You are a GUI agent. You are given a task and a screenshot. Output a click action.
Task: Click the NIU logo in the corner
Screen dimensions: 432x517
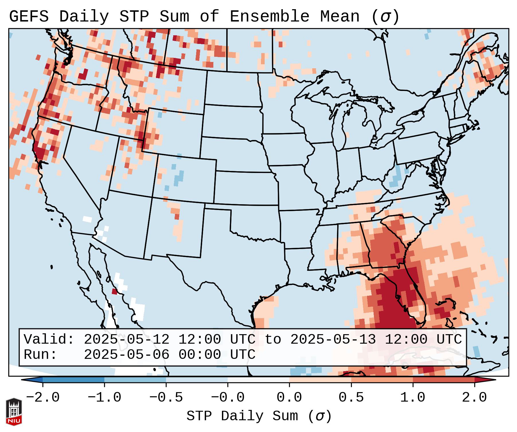click(x=14, y=411)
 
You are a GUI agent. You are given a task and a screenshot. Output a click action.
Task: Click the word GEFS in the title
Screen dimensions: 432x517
click(x=29, y=17)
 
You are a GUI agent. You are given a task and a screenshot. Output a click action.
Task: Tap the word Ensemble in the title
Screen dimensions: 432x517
click(x=269, y=17)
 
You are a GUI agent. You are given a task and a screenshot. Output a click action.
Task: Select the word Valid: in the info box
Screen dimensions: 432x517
click(x=49, y=340)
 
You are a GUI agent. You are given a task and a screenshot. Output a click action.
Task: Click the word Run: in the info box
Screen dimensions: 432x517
click(x=40, y=355)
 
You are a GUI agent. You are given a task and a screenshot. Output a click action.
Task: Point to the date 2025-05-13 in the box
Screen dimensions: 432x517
click(x=333, y=340)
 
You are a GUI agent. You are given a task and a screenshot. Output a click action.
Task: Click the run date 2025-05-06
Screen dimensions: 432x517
click(x=126, y=355)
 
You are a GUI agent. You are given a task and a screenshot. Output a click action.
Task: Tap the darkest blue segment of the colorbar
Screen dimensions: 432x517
click(x=73, y=380)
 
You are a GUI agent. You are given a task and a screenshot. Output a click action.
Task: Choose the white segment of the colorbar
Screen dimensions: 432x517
click(x=258, y=380)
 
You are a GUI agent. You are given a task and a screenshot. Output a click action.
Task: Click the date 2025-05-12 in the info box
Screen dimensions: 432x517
click(x=126, y=340)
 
